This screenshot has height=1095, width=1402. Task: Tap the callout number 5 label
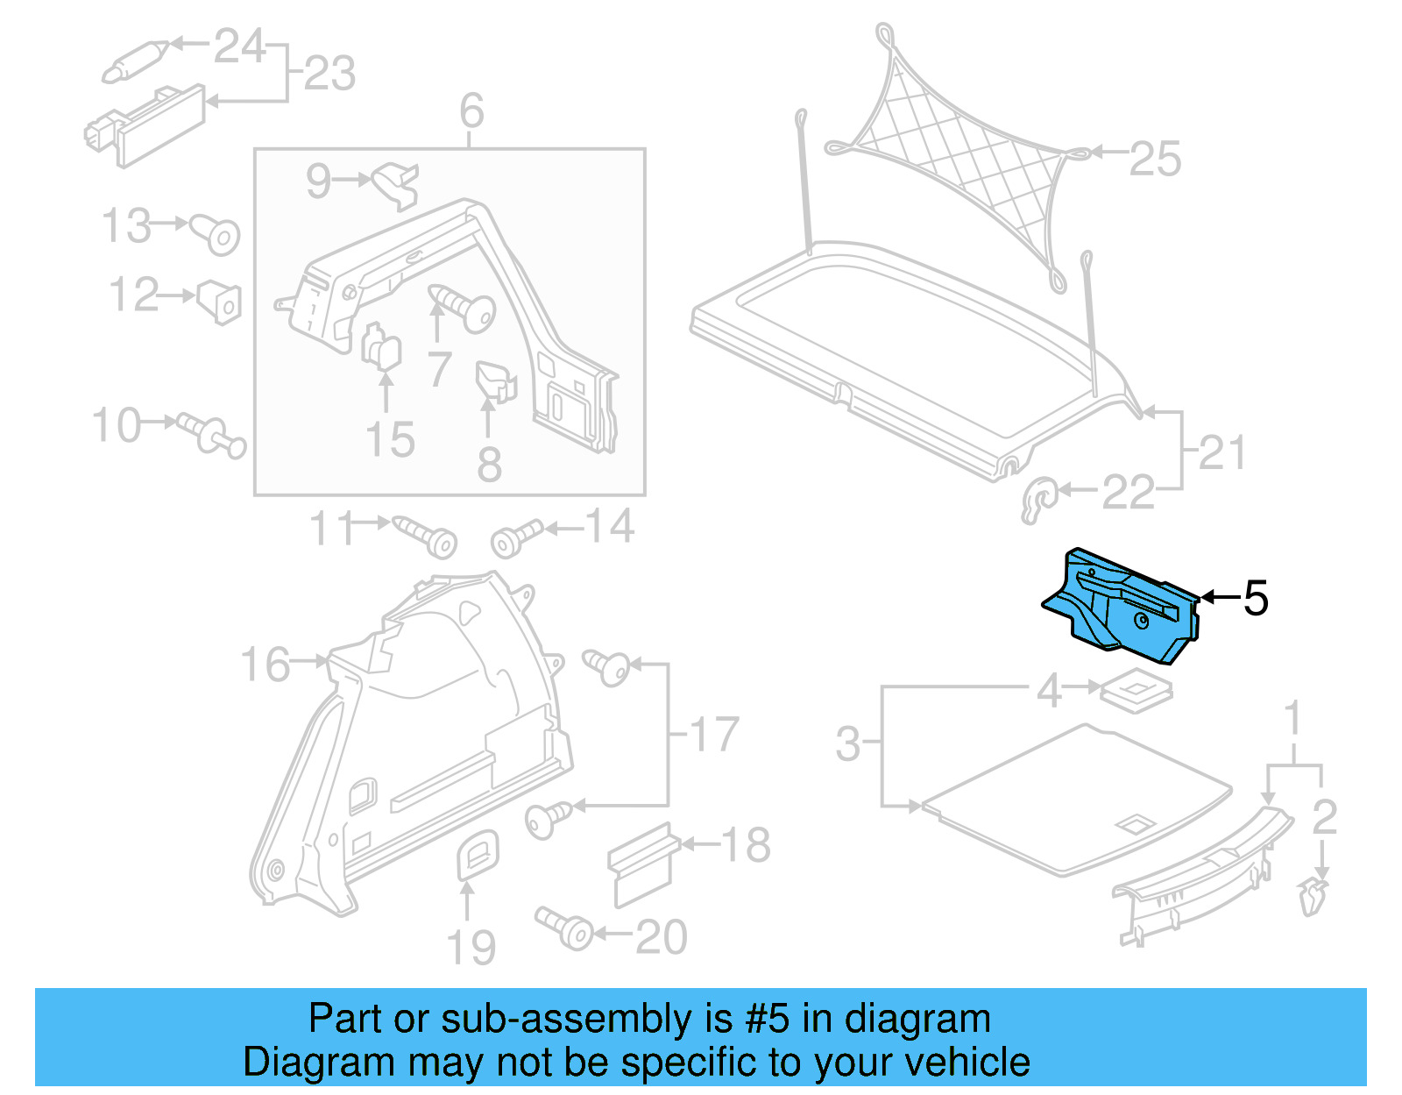1256,599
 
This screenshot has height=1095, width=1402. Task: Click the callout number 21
1221,453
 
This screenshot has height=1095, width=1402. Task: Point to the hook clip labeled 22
1039,501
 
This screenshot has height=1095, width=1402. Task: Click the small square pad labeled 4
1136,689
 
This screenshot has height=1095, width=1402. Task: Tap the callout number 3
847,744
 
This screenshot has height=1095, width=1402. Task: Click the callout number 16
265,665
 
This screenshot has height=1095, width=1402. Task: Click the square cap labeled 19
478,854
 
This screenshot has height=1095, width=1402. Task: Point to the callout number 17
714,735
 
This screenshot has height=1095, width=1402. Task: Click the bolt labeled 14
516,538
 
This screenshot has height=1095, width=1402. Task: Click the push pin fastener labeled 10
211,434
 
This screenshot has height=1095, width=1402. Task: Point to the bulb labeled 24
134,60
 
